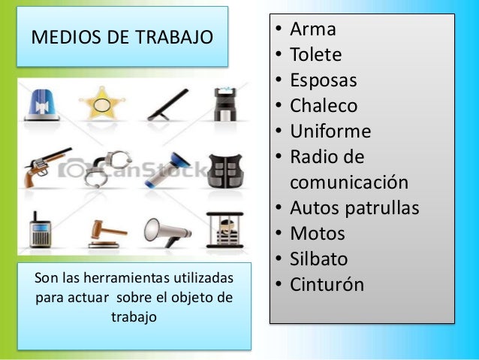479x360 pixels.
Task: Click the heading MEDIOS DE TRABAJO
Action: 121,38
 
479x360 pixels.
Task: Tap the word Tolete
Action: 315,55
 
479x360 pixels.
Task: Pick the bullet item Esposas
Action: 324,80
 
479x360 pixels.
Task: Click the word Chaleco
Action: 324,106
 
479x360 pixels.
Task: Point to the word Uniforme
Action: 330,132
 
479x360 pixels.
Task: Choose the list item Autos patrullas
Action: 354,208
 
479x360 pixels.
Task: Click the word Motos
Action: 318,234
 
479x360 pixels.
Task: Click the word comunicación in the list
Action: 349,183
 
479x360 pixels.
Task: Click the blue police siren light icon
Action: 44,104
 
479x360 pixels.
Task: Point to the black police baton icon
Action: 165,104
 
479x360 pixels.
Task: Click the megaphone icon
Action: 162,228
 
